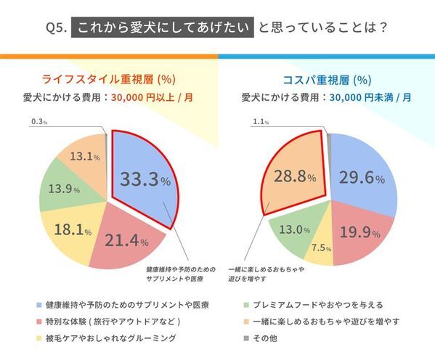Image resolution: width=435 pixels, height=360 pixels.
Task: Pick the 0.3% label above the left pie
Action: click(x=39, y=123)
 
